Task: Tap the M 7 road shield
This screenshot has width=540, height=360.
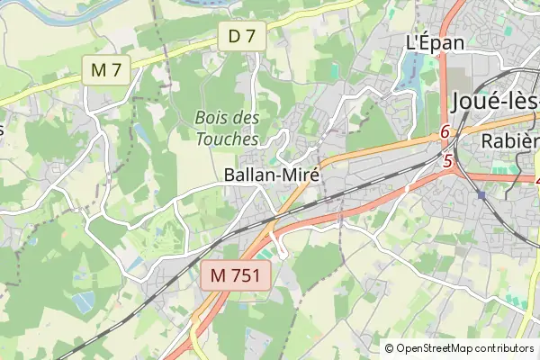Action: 106,69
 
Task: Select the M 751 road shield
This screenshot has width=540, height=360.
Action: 236,276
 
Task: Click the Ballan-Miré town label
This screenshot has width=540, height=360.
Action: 272,175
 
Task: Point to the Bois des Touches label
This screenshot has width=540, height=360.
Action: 227,129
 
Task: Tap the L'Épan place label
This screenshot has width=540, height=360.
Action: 435,42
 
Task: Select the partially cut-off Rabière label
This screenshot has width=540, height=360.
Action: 509,140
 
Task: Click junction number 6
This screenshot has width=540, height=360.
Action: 445,132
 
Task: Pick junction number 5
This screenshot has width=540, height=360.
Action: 447,161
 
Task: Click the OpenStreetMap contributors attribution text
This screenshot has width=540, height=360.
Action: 465,348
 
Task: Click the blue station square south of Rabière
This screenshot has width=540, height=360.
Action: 481,194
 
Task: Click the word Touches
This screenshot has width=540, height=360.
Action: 227,139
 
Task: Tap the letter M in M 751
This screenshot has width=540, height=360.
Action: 219,276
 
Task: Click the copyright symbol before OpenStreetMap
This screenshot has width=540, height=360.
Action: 390,348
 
